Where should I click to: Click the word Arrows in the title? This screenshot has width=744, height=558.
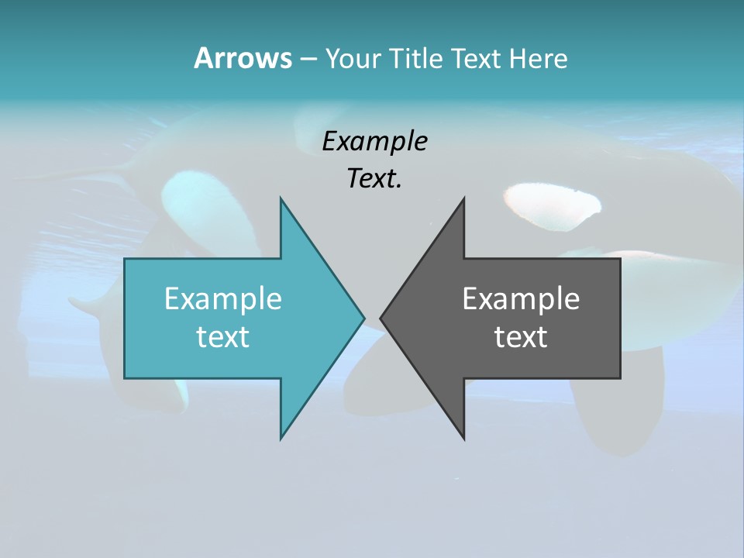click(x=243, y=58)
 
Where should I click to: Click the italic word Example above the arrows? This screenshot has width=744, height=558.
click(x=374, y=141)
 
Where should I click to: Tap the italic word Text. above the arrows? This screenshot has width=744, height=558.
click(x=374, y=178)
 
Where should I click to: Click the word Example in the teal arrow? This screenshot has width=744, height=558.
click(x=223, y=298)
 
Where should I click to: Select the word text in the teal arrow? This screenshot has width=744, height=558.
click(x=223, y=337)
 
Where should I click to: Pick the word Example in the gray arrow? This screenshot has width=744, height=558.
click(x=521, y=298)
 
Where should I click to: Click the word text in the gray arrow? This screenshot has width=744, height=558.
click(x=521, y=337)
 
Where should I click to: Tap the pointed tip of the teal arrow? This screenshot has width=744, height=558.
click(x=363, y=318)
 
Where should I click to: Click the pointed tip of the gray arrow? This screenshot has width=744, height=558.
click(x=381, y=318)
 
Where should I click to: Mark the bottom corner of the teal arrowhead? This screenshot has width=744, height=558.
click(x=281, y=438)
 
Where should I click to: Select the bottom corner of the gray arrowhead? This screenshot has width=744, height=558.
click(x=463, y=438)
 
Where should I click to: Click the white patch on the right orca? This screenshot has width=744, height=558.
click(x=552, y=203)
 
